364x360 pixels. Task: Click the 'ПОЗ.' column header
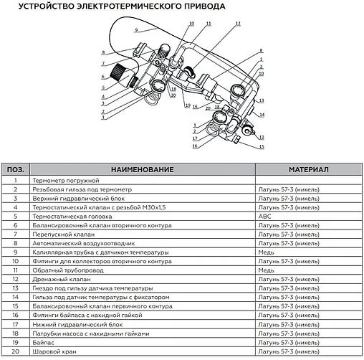(x=16, y=169)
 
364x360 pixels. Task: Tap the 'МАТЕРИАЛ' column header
(x=308, y=169)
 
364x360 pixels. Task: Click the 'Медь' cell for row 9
(x=267, y=252)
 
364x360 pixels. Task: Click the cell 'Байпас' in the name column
(x=47, y=343)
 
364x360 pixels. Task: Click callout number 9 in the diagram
(x=135, y=30)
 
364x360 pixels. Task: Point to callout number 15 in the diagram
(x=262, y=146)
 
